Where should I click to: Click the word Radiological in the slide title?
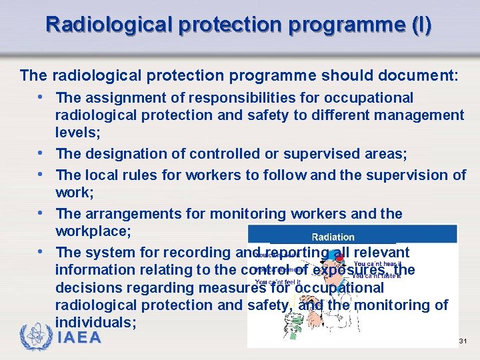point(108,25)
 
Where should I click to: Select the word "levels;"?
point(78,133)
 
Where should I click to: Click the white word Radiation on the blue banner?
point(333,237)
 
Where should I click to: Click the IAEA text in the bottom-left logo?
point(79,338)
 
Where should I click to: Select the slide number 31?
point(463,341)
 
